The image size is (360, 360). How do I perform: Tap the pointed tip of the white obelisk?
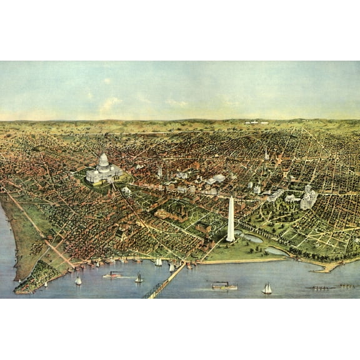231,197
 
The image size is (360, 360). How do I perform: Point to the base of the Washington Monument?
231,239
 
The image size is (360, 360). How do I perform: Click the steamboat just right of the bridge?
224,286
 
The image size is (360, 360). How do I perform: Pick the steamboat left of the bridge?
112,274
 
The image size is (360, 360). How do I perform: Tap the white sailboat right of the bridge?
267,289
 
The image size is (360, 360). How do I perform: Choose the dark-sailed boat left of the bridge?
139,278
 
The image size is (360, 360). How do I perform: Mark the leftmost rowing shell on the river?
316,287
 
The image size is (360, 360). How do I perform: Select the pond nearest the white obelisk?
252,238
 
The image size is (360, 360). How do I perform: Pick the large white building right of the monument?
308,199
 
